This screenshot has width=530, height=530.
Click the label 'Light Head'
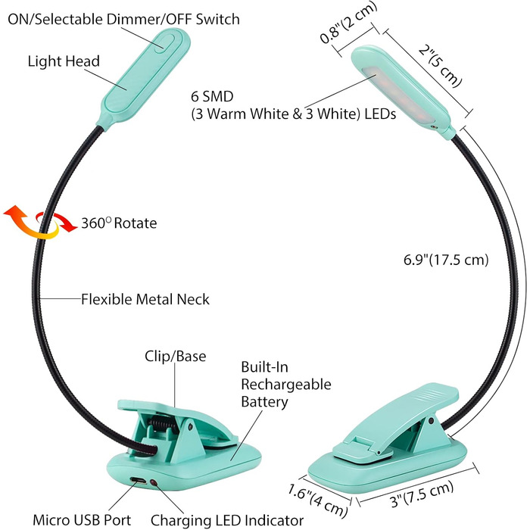64,61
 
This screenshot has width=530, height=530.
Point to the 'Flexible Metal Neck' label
145,300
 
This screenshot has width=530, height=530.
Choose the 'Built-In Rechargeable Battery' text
285,385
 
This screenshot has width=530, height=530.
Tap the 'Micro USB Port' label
80,519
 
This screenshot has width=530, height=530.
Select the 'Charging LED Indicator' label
227,519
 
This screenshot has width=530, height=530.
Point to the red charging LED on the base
154,483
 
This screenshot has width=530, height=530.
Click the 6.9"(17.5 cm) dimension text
445,260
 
